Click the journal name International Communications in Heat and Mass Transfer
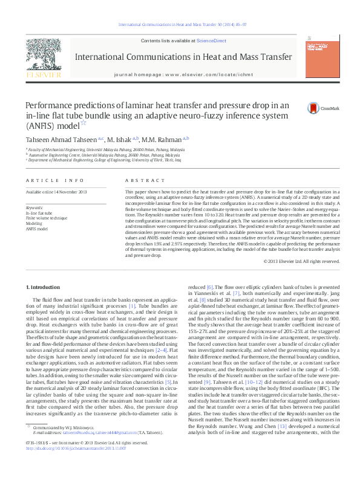click(180, 57)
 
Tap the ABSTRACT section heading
click(139, 181)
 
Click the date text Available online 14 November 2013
click(56, 192)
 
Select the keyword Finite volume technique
click(47, 218)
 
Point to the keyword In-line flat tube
click(39, 213)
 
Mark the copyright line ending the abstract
click(301, 261)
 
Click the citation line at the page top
click(180, 25)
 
